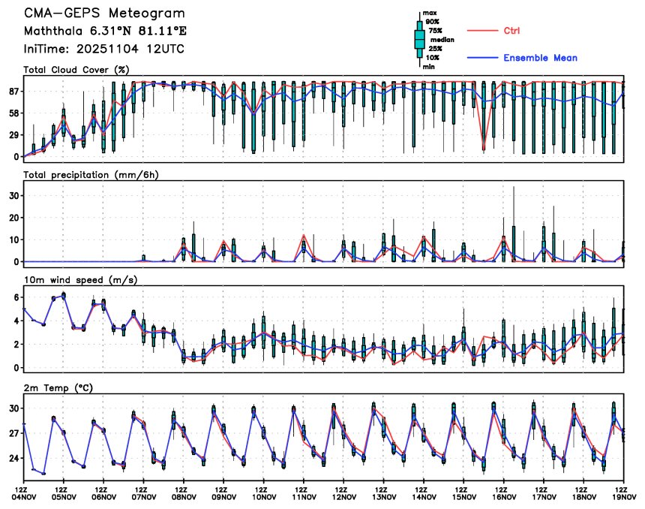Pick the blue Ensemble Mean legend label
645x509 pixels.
pyautogui.click(x=540, y=58)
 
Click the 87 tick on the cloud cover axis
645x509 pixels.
pyautogui.click(x=13, y=91)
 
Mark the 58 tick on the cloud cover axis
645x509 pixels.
pyautogui.click(x=13, y=113)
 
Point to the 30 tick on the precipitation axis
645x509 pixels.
pyautogui.click(x=13, y=195)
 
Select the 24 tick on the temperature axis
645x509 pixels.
pyautogui.click(x=13, y=458)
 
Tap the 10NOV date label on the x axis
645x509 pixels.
pyautogui.click(x=263, y=496)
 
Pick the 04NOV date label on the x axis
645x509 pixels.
pyautogui.click(x=24, y=496)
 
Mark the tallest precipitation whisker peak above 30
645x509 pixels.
pyautogui.click(x=514, y=187)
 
